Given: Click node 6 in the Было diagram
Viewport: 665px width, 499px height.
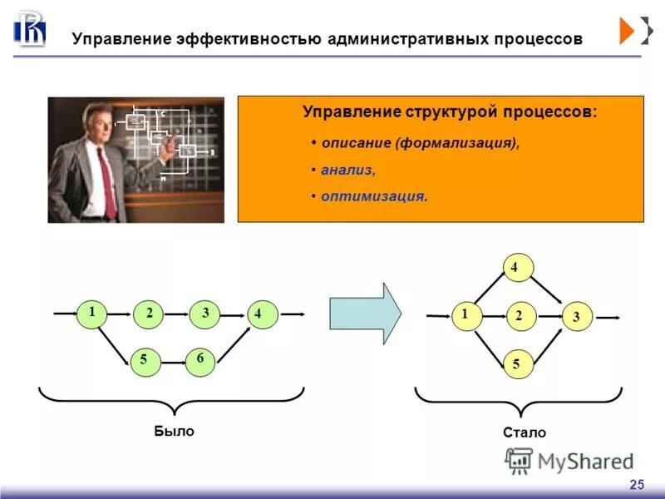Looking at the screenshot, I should pos(200,361).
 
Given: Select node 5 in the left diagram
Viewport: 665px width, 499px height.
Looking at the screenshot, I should pos(145,359).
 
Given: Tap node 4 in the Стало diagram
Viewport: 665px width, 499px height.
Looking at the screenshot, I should pos(515,268).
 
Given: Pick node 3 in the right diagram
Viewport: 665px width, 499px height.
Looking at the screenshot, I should pos(577,316).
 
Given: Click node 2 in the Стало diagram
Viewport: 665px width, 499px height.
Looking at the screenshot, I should pos(520,316).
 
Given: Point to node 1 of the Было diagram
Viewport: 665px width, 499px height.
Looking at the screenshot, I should pos(92,313).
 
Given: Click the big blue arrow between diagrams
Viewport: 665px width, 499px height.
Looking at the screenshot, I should pos(365,313).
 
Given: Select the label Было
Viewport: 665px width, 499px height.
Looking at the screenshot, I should pos(174,431).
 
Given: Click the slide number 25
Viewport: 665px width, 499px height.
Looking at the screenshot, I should pos(637,484).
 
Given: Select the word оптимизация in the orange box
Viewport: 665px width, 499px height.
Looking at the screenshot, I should pos(374,197).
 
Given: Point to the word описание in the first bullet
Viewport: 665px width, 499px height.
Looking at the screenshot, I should pos(356,143).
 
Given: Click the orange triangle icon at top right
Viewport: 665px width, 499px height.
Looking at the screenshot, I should pos(627,30).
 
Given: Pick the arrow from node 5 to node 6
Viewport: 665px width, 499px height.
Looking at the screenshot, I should pos(172,362).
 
